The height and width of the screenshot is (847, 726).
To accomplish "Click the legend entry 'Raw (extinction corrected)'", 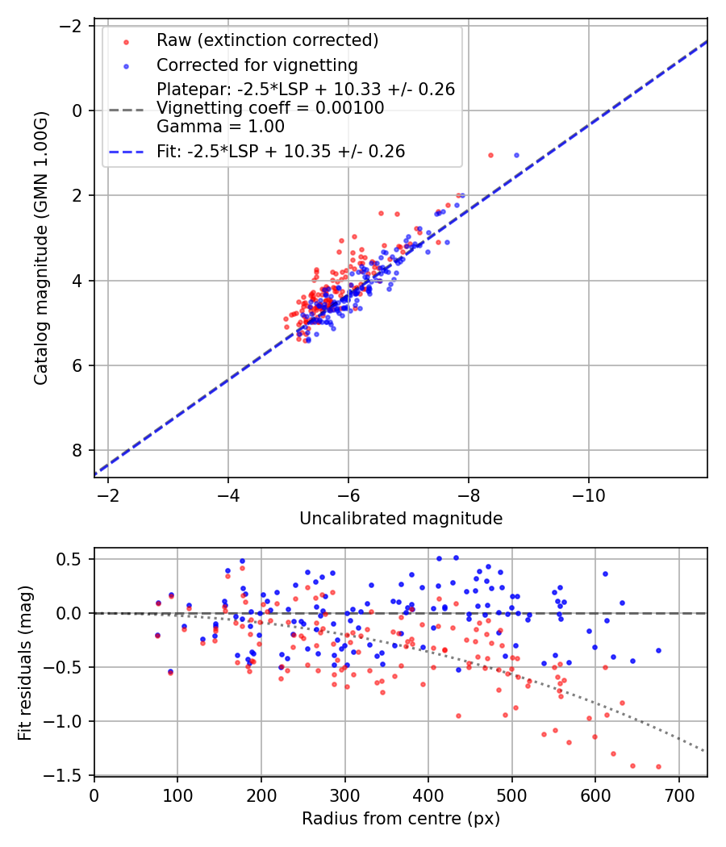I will click(x=267, y=40).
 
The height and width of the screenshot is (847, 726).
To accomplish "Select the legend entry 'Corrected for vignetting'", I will click(x=257, y=65).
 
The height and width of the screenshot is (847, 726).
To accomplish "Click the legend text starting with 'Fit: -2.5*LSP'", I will click(x=281, y=151).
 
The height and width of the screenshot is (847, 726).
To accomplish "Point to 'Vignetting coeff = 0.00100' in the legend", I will click(x=270, y=108).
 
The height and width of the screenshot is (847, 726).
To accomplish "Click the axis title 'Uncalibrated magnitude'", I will click(x=401, y=519).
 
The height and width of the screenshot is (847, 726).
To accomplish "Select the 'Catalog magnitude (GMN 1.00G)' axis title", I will click(x=42, y=248).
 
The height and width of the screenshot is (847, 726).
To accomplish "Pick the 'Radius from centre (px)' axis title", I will click(x=401, y=819).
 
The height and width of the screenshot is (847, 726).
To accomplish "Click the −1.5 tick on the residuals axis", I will click(x=69, y=775).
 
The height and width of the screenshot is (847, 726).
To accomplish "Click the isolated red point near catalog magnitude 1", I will click(x=490, y=155).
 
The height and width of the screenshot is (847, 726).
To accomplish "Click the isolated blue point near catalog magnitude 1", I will click(x=516, y=155).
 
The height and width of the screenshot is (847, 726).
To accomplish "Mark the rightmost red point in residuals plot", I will click(x=658, y=766).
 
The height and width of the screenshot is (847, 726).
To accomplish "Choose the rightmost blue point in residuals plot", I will click(x=658, y=650).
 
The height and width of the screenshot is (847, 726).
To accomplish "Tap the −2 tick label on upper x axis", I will click(x=108, y=494).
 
